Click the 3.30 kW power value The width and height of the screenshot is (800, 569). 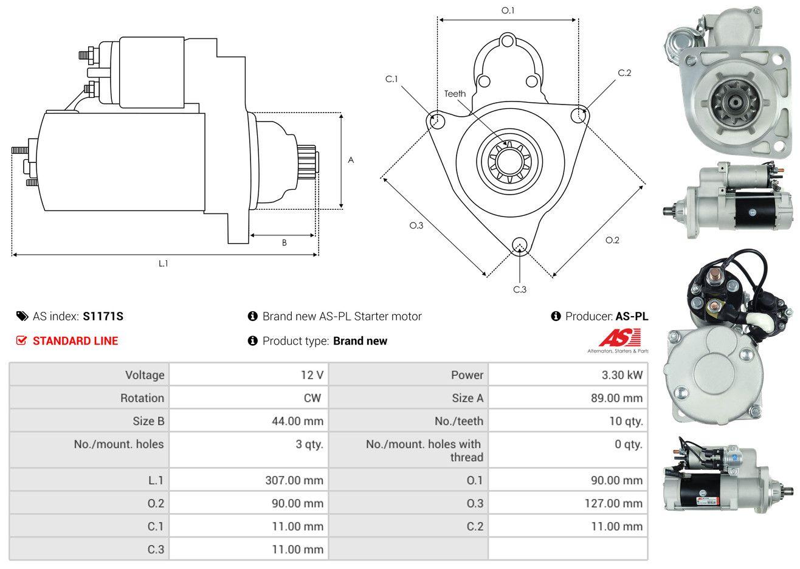coord(622,375)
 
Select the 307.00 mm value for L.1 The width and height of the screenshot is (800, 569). coord(294,480)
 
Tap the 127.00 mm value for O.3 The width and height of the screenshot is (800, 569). coord(613,503)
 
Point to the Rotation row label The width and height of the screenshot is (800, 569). coord(142,398)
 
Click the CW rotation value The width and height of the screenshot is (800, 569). coord(312,398)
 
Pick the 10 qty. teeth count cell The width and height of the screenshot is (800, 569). coord(626,421)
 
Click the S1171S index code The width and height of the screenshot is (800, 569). coord(103,317)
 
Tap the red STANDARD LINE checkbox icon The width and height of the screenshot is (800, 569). coord(21,340)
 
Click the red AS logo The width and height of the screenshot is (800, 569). coord(619,337)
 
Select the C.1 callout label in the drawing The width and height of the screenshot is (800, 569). coord(391,79)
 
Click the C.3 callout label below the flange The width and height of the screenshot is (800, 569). coord(520,289)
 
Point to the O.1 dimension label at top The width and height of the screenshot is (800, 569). coord(508,11)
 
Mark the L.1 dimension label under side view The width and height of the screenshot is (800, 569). coord(163,264)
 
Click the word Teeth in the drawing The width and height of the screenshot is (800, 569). coord(455,94)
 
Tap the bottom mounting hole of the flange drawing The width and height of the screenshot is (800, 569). coord(520,246)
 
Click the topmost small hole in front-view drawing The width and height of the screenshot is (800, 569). coord(507,41)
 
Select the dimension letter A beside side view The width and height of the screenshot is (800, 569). coord(351,160)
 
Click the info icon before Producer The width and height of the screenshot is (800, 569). coord(556,316)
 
